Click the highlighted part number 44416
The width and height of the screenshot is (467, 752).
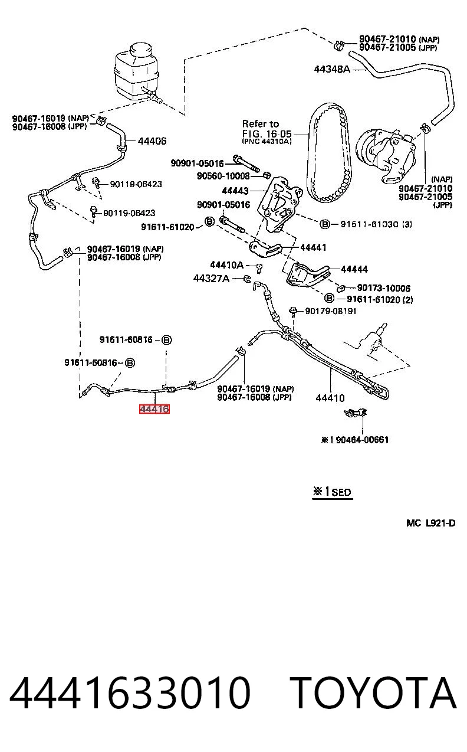pyautogui.click(x=154, y=409)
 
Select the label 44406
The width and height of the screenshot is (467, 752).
pyautogui.click(x=152, y=141)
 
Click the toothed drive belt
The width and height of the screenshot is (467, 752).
pyautogui.click(x=329, y=153)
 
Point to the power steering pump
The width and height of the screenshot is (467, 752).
pyautogui.click(x=386, y=155)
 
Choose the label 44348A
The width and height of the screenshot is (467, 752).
pyautogui.click(x=332, y=69)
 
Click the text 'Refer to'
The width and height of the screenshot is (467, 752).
pyautogui.click(x=261, y=124)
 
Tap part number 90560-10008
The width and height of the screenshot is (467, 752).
pyautogui.click(x=223, y=176)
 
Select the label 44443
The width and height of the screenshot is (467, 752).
pyautogui.click(x=235, y=191)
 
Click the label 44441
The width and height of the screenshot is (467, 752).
pyautogui.click(x=313, y=247)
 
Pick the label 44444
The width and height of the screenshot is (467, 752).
pyautogui.click(x=354, y=269)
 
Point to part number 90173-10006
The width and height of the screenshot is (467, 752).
pyautogui.click(x=383, y=288)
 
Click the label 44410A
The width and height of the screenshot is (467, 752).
pyautogui.click(x=226, y=265)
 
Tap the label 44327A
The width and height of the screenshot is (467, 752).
pyautogui.click(x=211, y=278)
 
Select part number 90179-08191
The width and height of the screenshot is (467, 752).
pyautogui.click(x=331, y=311)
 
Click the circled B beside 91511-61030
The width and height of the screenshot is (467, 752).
pyautogui.click(x=324, y=224)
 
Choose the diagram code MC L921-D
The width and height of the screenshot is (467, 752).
pyautogui.click(x=431, y=523)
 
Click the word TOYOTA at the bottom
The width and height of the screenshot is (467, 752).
pyautogui.click(x=373, y=693)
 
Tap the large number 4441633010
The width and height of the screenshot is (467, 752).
pyautogui.click(x=130, y=693)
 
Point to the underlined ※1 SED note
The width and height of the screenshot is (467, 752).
pyautogui.click(x=332, y=492)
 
